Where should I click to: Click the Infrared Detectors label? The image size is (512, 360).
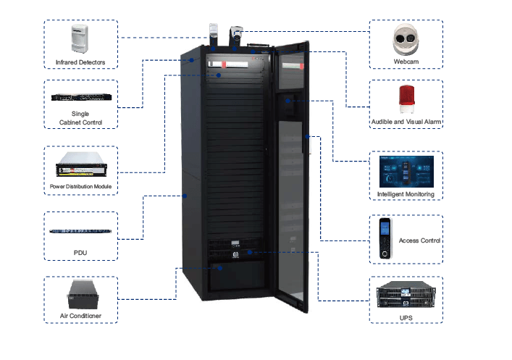pos(80,62)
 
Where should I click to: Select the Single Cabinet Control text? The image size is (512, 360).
pos(80,119)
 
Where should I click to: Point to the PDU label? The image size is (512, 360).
pos(80,251)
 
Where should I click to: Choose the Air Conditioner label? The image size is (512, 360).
pos(80,316)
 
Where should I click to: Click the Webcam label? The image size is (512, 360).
pos(405,62)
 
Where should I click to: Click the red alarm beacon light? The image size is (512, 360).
pos(405,99)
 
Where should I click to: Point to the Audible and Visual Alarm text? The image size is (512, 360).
pos(406,122)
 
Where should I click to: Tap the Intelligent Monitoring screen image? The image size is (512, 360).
pos(405,171)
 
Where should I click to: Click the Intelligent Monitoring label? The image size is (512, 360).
pos(406,194)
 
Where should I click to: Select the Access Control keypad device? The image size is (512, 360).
pos(384,238)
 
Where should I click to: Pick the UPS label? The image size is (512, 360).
pos(405,316)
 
